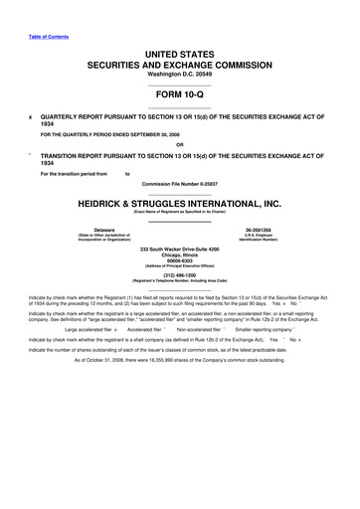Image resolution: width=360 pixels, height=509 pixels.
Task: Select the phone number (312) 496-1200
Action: (x=179, y=278)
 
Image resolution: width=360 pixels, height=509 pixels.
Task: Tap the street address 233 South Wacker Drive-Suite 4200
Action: (x=179, y=248)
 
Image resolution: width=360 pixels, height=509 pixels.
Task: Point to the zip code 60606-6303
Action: (x=179, y=260)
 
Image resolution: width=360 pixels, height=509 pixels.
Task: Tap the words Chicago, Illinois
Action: (x=179, y=254)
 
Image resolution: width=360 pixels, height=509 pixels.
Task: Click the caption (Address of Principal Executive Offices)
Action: (x=179, y=267)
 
